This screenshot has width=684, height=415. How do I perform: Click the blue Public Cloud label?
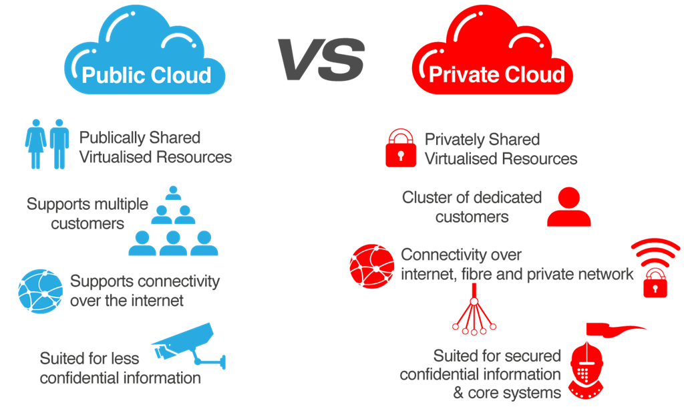click(x=146, y=74)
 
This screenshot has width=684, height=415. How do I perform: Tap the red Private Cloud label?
click(x=496, y=74)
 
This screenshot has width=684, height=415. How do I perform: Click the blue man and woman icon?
click(x=47, y=144)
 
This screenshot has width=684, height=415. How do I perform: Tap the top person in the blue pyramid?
click(x=173, y=194)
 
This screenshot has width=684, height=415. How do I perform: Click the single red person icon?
click(x=568, y=209)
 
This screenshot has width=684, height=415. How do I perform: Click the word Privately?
click(x=454, y=140)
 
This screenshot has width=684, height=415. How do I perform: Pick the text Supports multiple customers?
click(x=87, y=213)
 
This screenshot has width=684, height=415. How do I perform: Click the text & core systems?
click(x=507, y=392)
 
